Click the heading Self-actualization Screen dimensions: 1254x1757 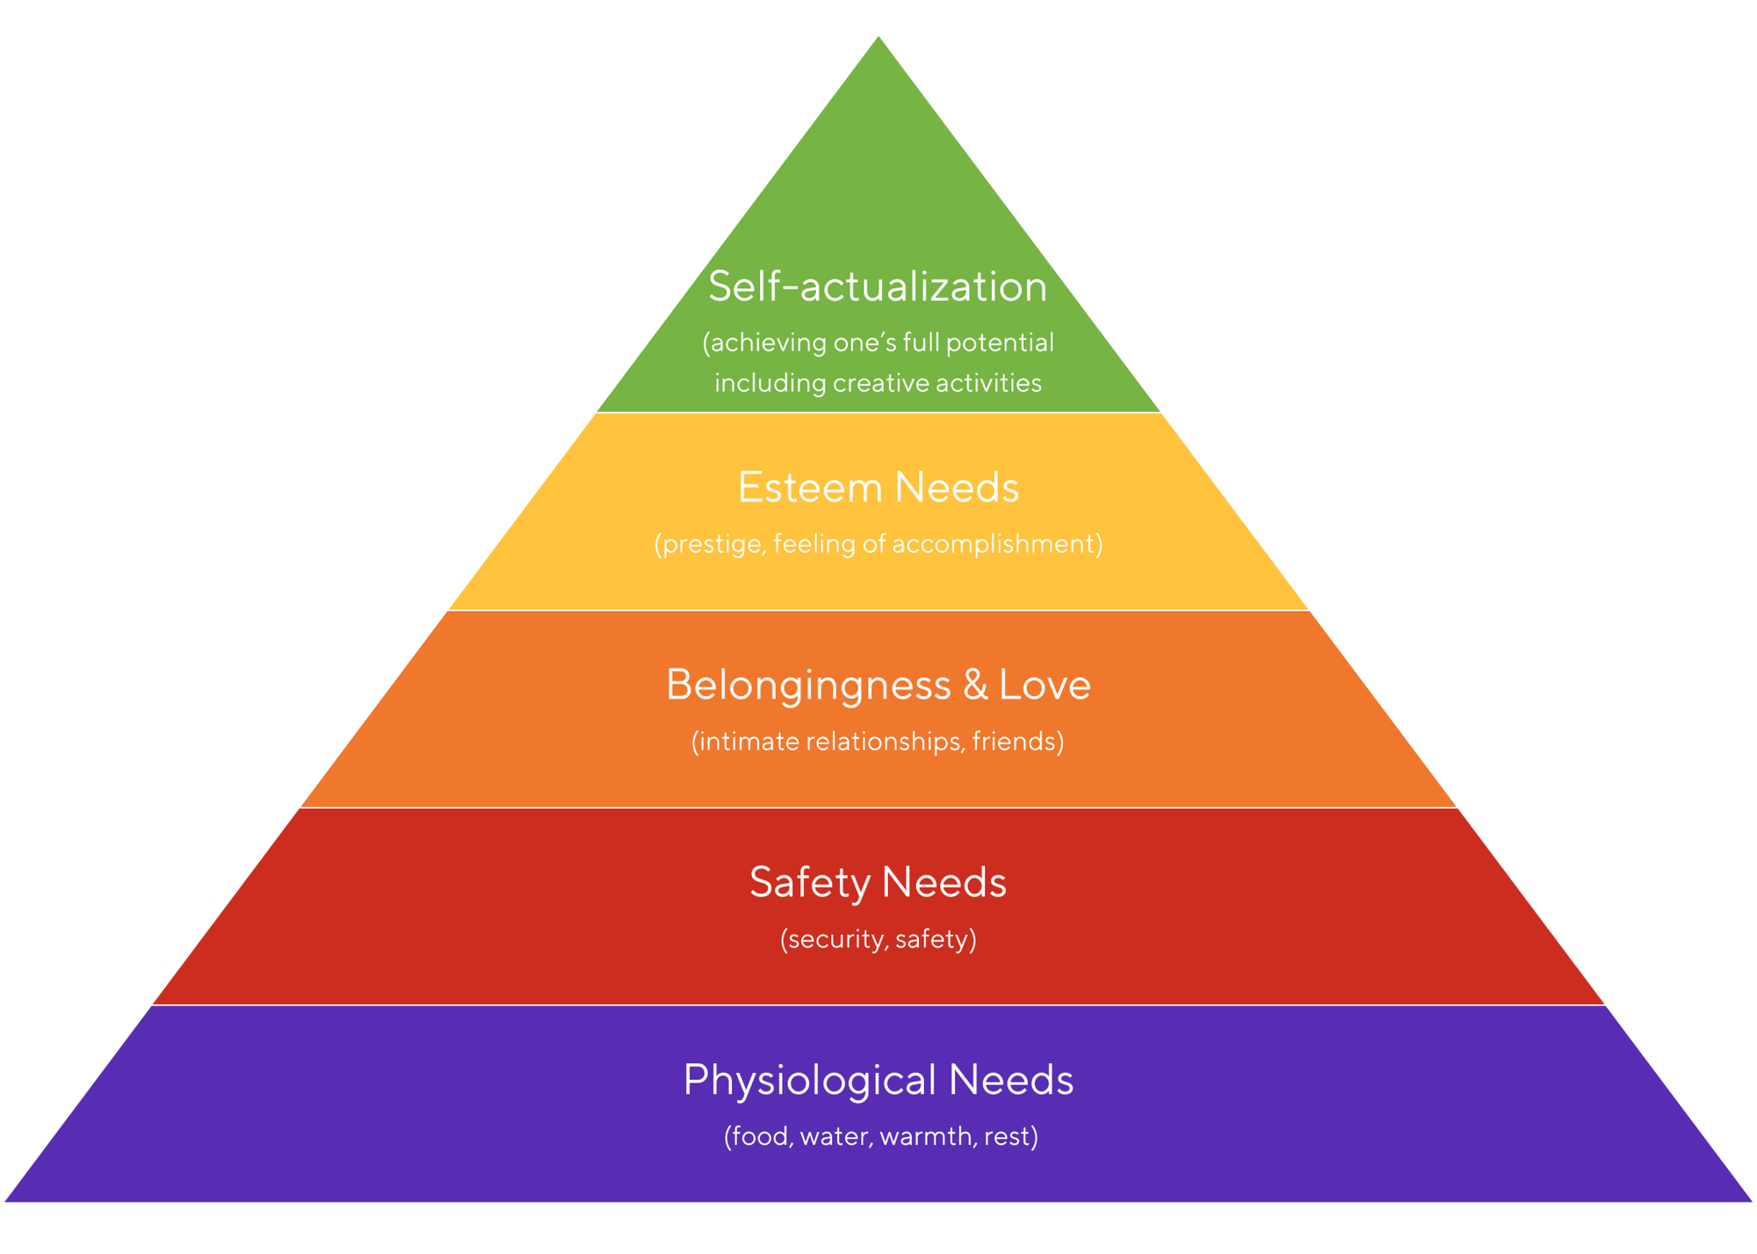click(878, 286)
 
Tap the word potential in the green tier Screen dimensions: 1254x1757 click(1000, 342)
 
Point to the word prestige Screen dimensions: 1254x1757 click(713, 545)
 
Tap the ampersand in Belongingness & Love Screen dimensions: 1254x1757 click(975, 685)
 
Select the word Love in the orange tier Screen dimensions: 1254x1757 click(1045, 685)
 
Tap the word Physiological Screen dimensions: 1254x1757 click(810, 1080)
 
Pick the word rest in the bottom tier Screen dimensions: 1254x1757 click(1006, 1136)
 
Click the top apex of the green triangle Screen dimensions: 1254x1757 click(878, 39)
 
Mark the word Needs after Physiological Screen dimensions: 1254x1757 click(1011, 1079)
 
